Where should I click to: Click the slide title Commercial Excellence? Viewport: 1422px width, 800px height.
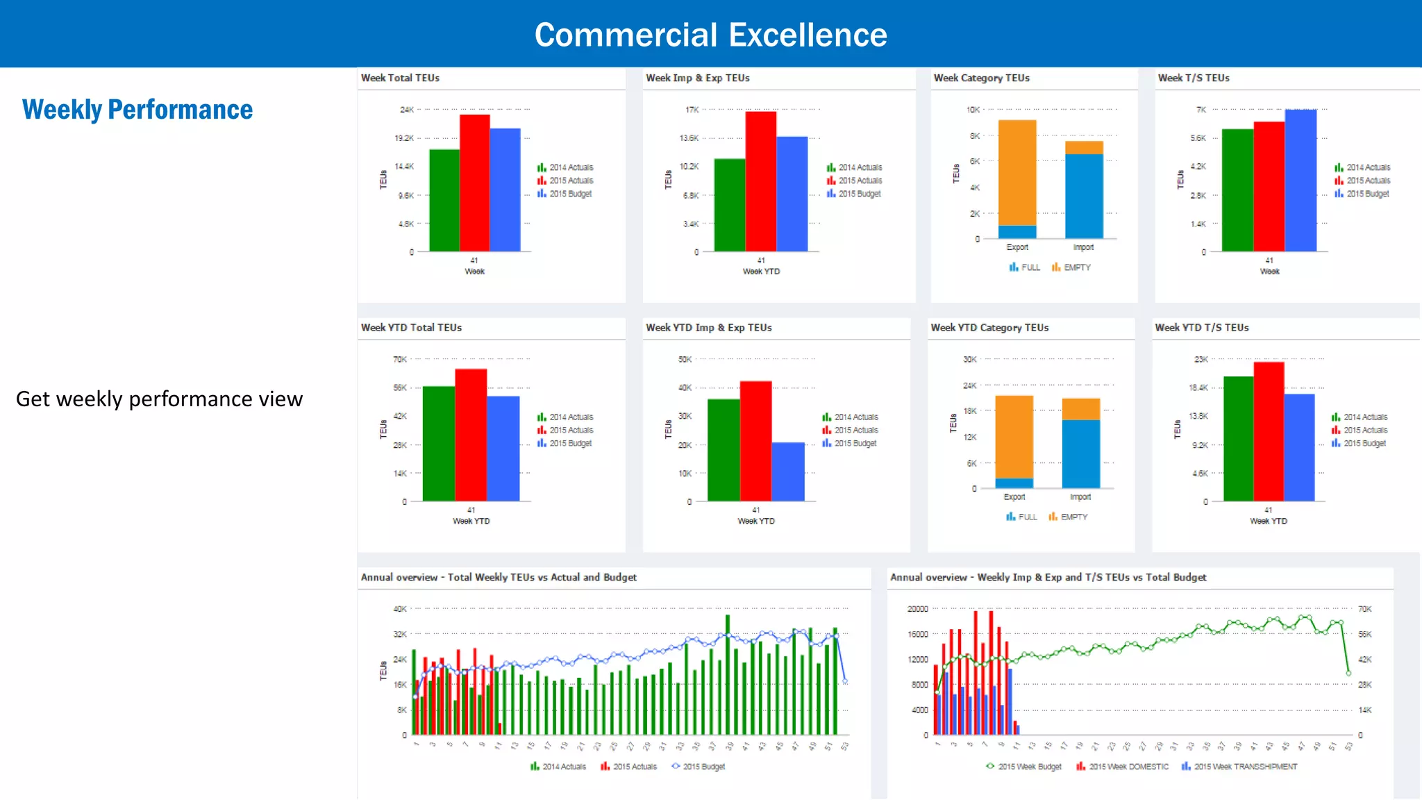[710, 35]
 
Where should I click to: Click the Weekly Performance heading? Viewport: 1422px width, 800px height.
[137, 110]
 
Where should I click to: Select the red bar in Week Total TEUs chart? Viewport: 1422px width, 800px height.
[475, 184]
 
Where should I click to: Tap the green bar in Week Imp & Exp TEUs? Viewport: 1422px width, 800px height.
[729, 206]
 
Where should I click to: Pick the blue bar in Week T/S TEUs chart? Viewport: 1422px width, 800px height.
[1300, 181]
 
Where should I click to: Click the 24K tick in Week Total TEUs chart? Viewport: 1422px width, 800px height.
[407, 110]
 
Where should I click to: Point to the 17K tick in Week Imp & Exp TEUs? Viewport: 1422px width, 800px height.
[692, 110]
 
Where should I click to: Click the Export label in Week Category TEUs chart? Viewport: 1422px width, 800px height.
[1017, 247]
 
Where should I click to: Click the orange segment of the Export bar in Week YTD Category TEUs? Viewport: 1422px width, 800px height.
[1014, 436]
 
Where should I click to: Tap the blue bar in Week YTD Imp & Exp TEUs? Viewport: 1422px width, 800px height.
[788, 472]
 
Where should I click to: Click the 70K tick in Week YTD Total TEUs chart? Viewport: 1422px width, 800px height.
[400, 359]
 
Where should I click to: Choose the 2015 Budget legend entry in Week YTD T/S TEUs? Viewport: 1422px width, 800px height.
[1364, 443]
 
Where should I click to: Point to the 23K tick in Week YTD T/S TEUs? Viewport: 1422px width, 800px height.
[1201, 359]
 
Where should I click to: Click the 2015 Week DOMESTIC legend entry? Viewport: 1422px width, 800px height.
[1128, 767]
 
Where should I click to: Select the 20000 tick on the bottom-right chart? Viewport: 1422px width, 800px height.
[917, 609]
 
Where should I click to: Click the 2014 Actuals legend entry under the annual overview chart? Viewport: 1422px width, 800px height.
[563, 767]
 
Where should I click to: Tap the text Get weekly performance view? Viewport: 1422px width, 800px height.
[159, 399]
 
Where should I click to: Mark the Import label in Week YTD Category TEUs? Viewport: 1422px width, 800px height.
[1080, 497]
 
